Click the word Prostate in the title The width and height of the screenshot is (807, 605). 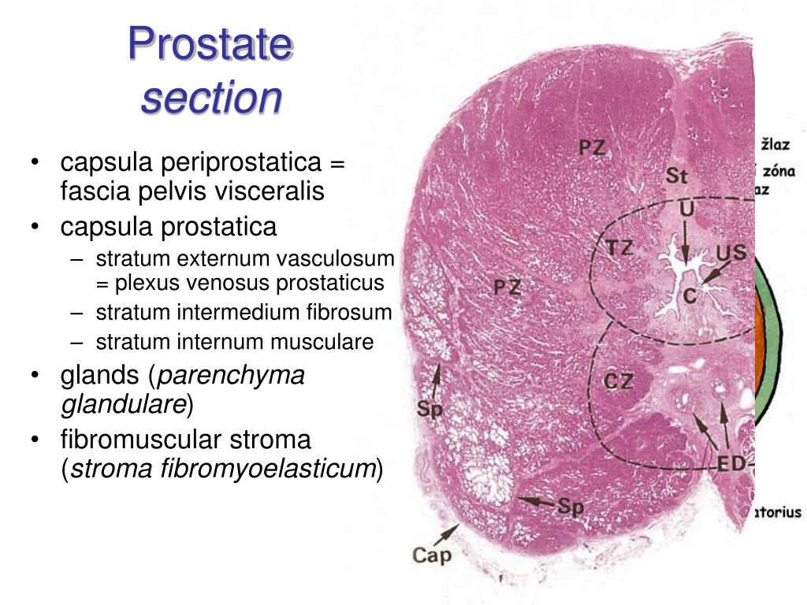click(x=210, y=45)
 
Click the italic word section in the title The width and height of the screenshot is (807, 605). click(x=211, y=98)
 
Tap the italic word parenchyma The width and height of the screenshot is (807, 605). click(x=232, y=376)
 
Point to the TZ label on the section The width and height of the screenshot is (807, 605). click(x=619, y=248)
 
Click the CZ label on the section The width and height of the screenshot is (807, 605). click(x=619, y=382)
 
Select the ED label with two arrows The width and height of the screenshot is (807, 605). click(x=731, y=463)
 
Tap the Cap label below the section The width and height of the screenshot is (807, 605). click(x=433, y=555)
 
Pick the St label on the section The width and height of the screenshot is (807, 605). click(x=676, y=176)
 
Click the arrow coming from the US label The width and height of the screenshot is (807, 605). click(x=712, y=275)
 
